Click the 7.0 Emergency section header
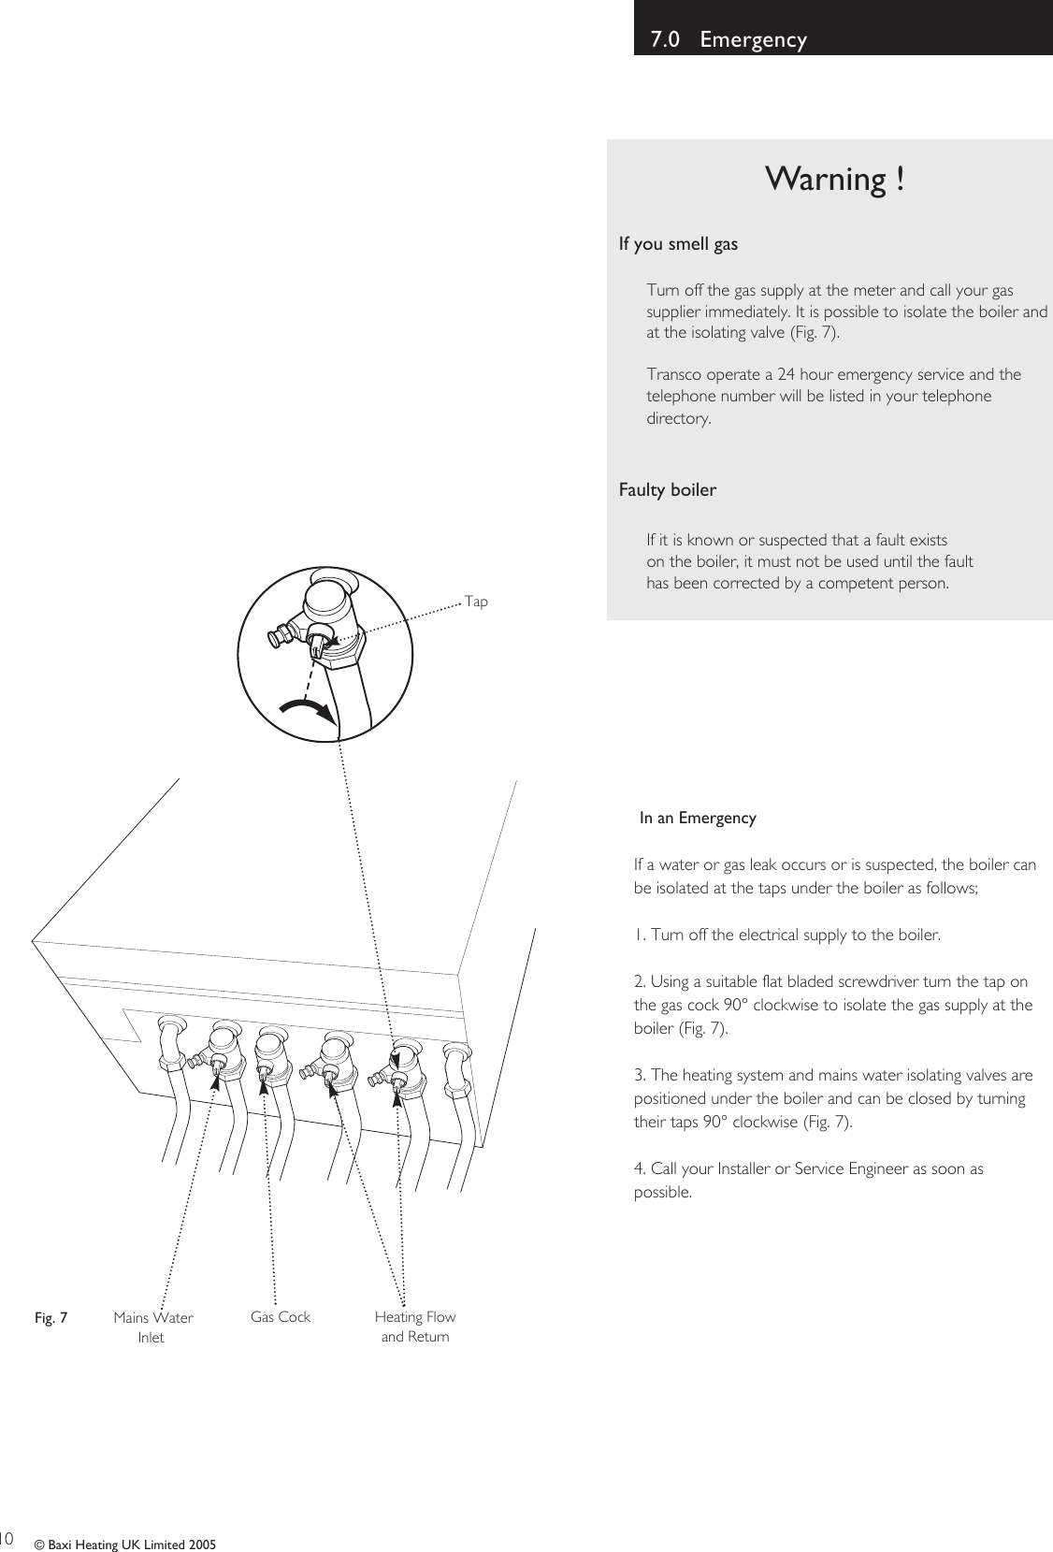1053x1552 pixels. (x=728, y=39)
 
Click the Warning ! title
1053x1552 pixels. (x=834, y=179)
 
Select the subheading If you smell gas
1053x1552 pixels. (x=678, y=244)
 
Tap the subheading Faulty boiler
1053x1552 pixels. (x=668, y=490)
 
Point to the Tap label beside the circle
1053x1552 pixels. (x=476, y=602)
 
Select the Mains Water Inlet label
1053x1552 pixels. (x=152, y=1327)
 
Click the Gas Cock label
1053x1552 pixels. (x=281, y=1316)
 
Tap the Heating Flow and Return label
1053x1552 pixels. (x=415, y=1326)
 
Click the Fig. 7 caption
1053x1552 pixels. (x=50, y=1318)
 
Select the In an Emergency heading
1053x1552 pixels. (x=698, y=819)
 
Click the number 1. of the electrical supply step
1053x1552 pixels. (x=639, y=935)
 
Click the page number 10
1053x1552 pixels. (x=7, y=1537)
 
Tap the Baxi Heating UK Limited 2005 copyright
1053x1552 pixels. (x=125, y=1544)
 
